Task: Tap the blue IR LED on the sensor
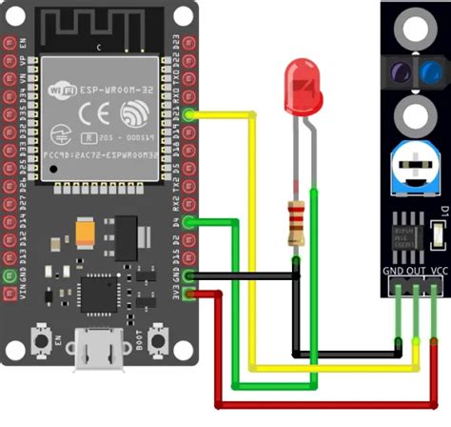pyautogui.click(x=431, y=71)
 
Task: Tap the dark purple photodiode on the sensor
pyautogui.click(x=399, y=71)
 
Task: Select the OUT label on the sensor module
pyautogui.click(x=415, y=272)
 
